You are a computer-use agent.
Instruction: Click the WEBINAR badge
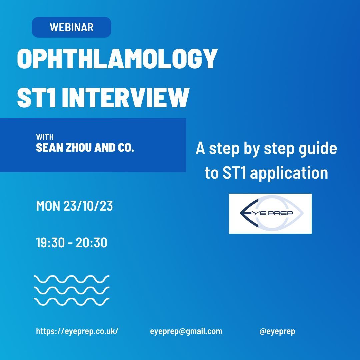(x=71, y=27)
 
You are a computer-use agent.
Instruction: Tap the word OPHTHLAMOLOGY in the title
(x=117, y=59)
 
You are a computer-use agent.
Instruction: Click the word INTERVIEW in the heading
(x=125, y=97)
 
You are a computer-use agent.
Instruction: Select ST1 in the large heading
(x=37, y=97)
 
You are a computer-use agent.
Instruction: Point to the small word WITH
(x=45, y=137)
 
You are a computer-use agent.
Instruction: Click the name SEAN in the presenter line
(x=50, y=147)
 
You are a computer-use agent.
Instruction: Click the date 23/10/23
(x=88, y=206)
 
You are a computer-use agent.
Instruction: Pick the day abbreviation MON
(x=48, y=206)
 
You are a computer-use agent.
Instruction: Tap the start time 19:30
(x=51, y=242)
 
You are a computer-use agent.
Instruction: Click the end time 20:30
(x=91, y=242)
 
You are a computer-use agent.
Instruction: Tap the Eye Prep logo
(x=270, y=214)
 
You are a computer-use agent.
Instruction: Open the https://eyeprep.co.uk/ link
(x=77, y=331)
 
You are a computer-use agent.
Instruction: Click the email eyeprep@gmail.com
(x=186, y=331)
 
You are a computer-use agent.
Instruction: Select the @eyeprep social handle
(x=277, y=331)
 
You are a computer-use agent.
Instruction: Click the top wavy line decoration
(x=71, y=279)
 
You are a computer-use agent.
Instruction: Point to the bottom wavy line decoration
(x=71, y=302)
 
